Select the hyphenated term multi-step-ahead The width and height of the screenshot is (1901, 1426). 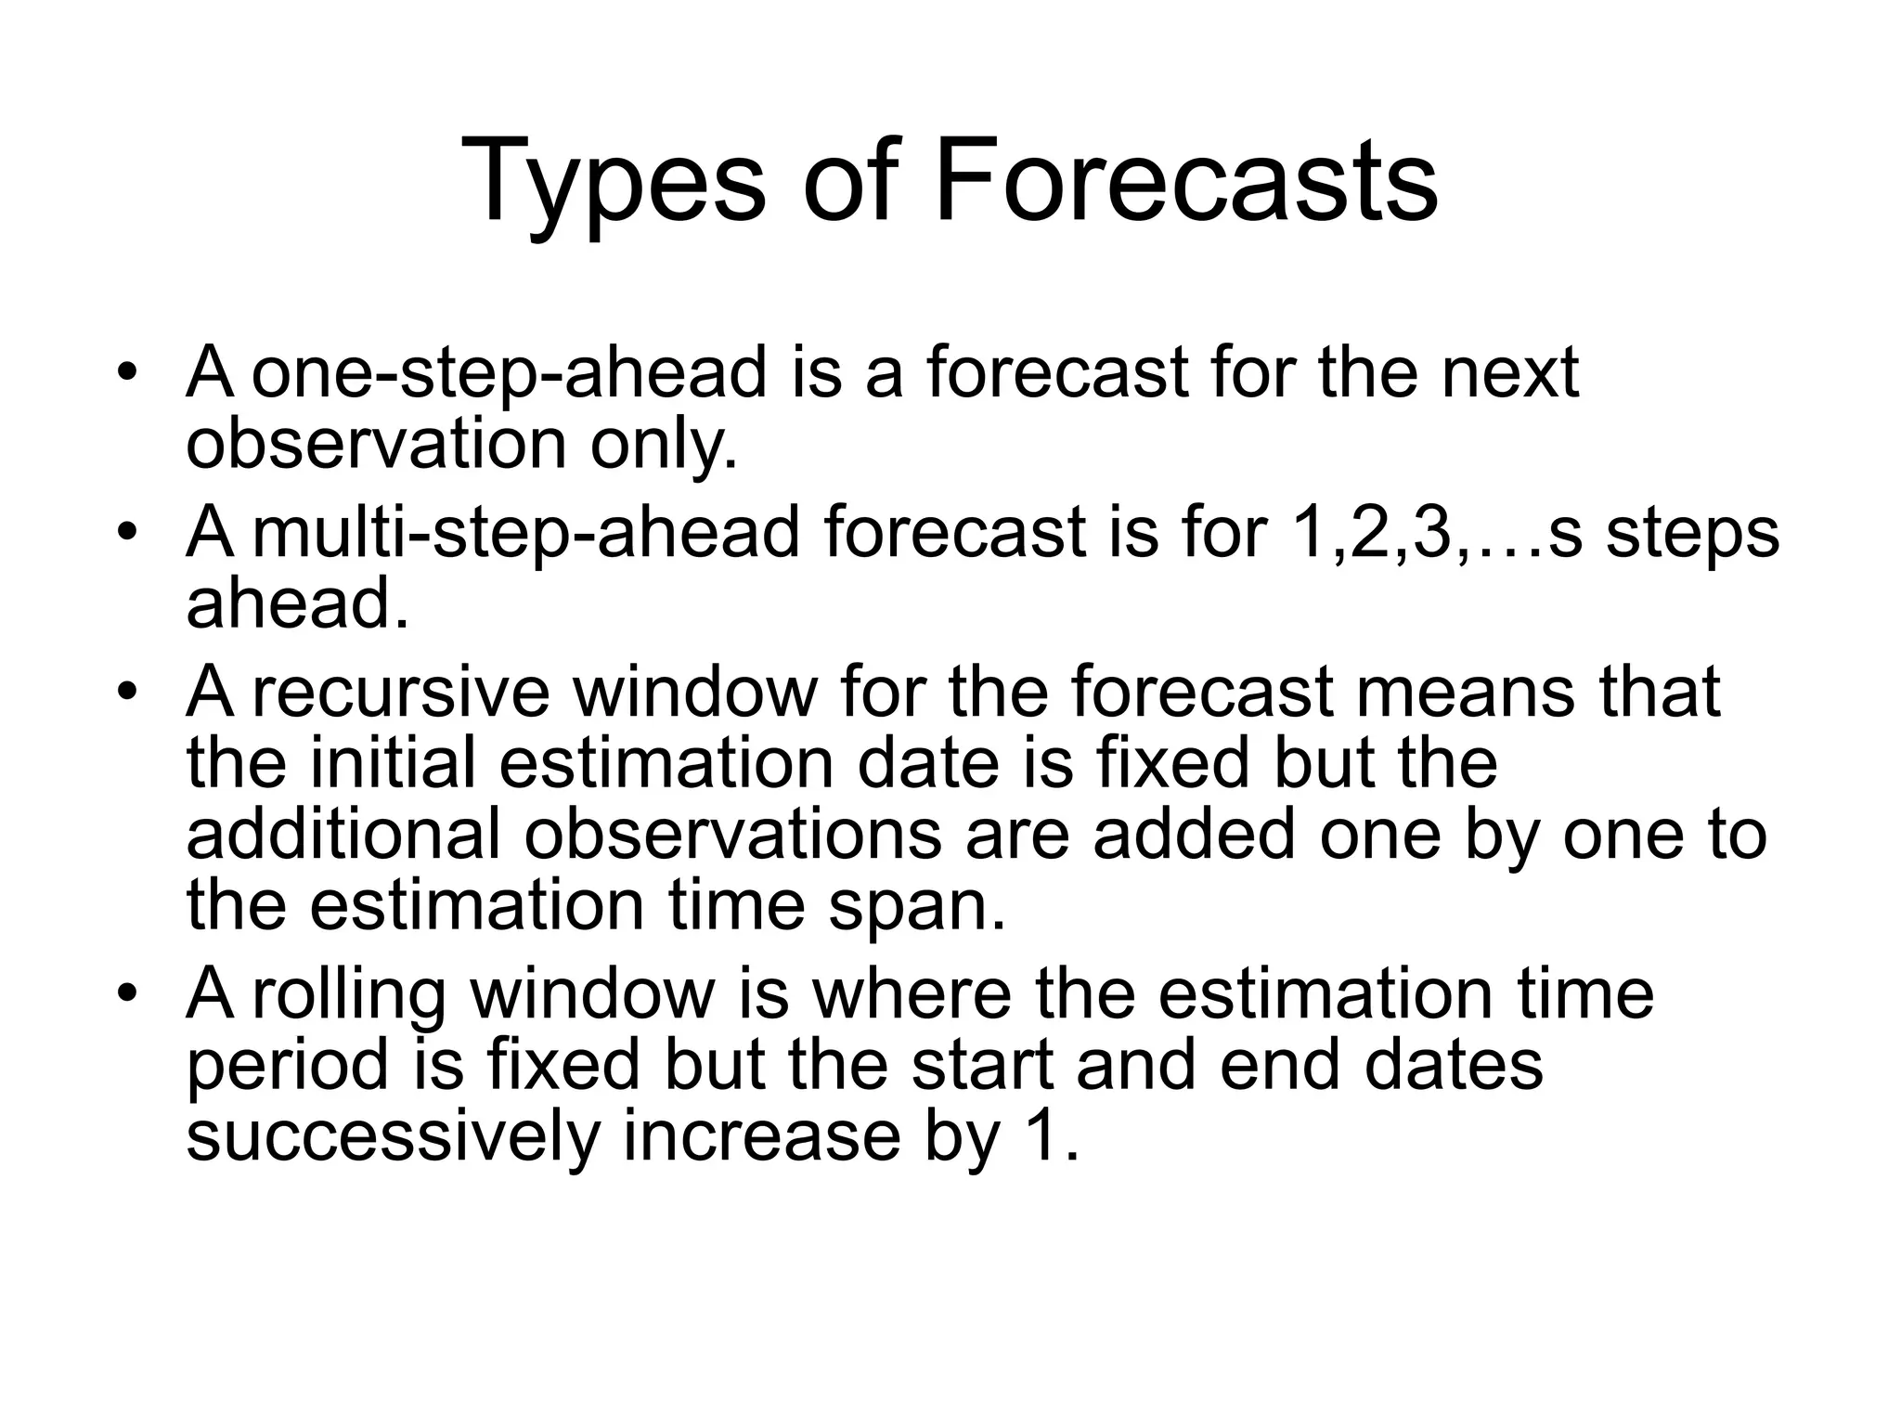(525, 534)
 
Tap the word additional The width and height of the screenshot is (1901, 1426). (343, 835)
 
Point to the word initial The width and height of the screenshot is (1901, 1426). (393, 763)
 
